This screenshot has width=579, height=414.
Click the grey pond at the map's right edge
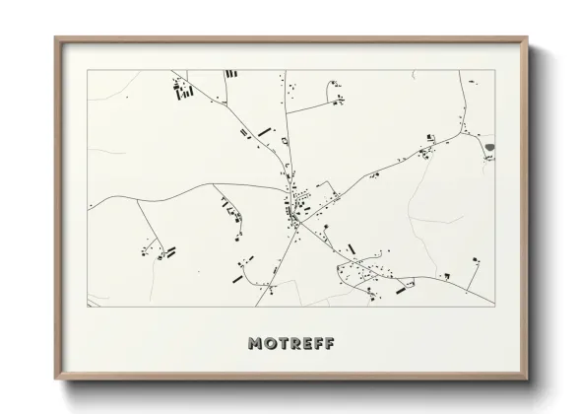click(x=489, y=148)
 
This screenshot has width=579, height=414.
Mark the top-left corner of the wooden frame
click(x=55, y=37)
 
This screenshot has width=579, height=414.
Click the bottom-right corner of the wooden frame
click(x=528, y=380)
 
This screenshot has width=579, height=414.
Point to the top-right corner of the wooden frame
click(x=528, y=37)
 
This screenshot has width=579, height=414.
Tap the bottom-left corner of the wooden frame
click(x=55, y=380)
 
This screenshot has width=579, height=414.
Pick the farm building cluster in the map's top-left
click(x=183, y=91)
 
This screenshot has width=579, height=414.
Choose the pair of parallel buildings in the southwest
click(x=169, y=251)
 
